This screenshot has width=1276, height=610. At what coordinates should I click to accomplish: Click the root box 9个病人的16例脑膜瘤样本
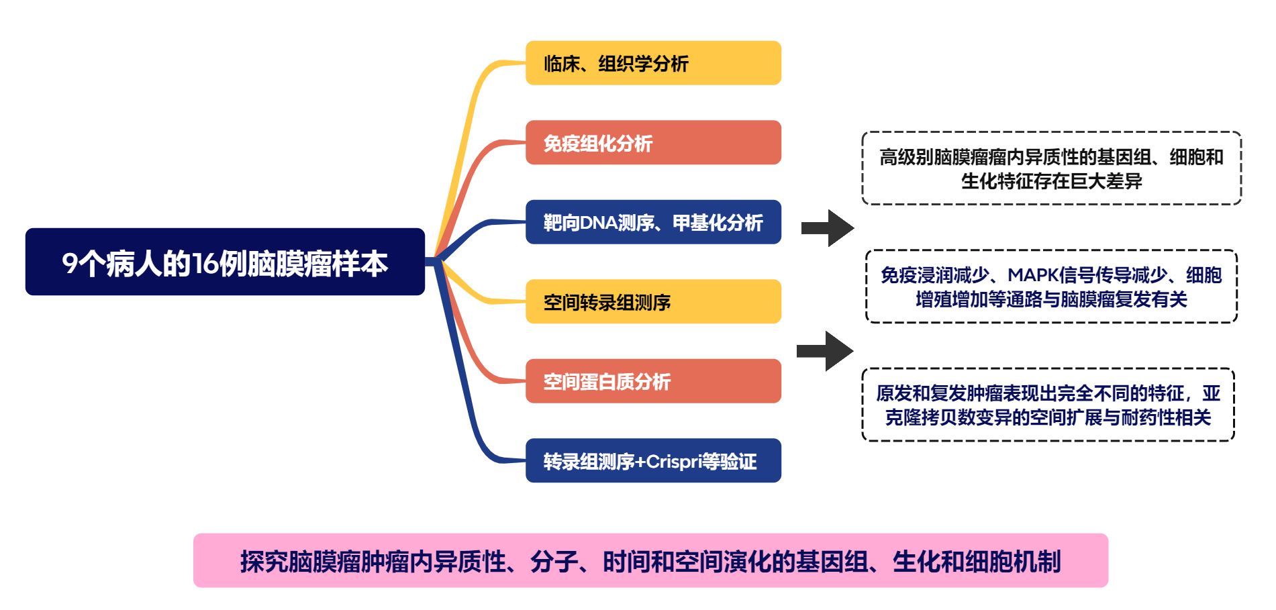point(225,262)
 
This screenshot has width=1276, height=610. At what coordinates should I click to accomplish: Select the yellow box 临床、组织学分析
point(653,63)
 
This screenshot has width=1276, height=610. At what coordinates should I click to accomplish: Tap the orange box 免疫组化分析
point(653,142)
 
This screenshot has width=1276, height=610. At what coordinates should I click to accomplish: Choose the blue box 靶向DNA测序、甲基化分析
point(653,222)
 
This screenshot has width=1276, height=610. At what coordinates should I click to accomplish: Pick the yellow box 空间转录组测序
point(653,301)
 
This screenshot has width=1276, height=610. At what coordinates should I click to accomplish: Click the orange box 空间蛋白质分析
point(653,381)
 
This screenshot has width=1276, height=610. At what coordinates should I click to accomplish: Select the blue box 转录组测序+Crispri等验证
point(653,460)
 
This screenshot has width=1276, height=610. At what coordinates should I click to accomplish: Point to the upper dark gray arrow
point(828,228)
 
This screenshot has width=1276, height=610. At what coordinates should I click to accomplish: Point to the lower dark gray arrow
point(825,350)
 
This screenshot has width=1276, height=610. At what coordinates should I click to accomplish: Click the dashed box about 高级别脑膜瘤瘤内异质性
point(1051,168)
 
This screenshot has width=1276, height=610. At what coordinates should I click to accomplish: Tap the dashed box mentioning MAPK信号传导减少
point(1051,287)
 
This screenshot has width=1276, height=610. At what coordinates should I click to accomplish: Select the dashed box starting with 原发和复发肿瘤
point(1048,405)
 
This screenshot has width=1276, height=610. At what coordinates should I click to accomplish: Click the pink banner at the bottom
point(650,561)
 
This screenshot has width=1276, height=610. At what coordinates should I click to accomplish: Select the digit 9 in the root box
point(70,263)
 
